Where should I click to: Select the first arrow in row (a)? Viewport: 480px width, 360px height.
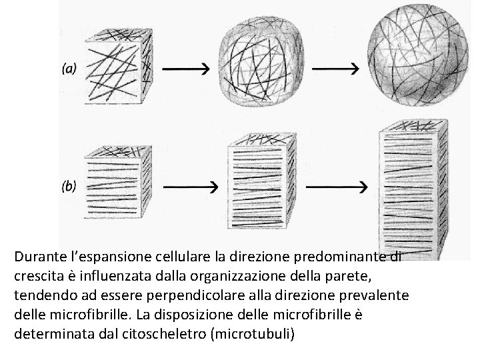pyautogui.click(x=186, y=69)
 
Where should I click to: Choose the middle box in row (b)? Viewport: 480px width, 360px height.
pyautogui.click(x=261, y=181)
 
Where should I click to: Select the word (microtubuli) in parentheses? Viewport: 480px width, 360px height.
pyautogui.click(x=251, y=332)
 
